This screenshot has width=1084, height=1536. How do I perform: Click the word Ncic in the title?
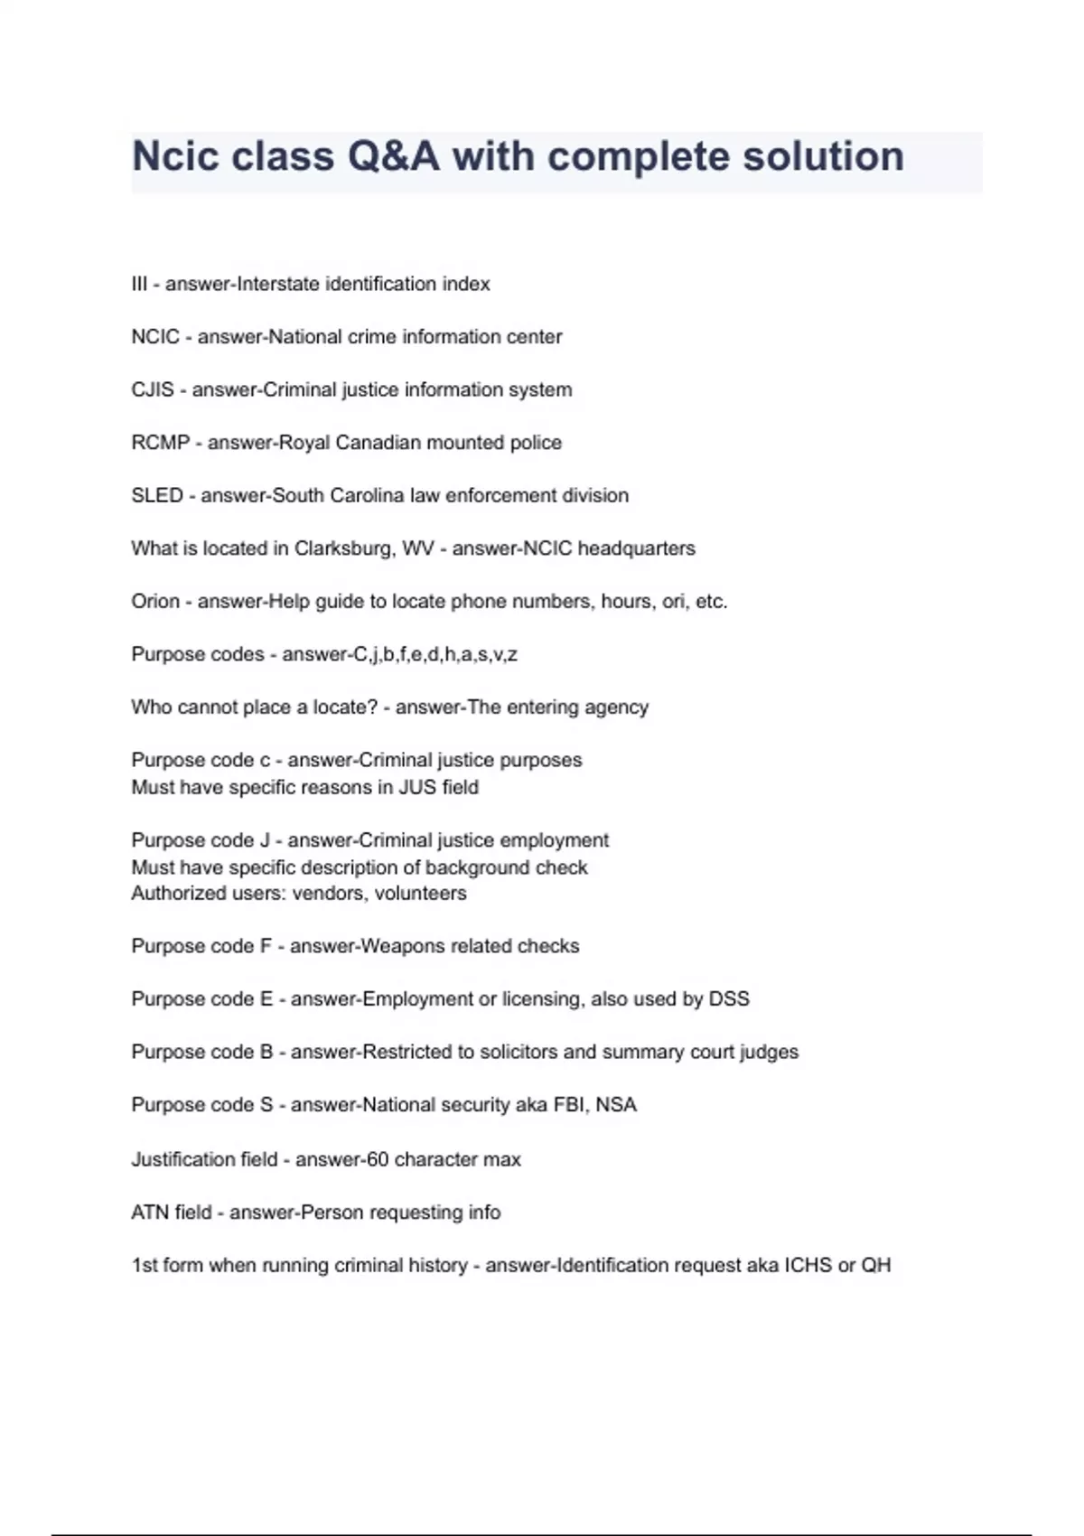click(x=176, y=156)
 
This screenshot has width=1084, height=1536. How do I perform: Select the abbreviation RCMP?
click(x=161, y=443)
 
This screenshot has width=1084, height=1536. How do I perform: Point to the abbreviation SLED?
click(x=157, y=495)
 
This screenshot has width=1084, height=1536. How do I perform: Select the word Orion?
click(x=155, y=601)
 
